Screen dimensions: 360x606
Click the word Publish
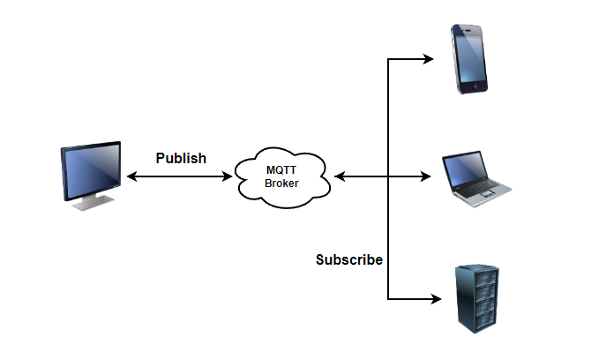(181, 159)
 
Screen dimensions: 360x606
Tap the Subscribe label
(349, 260)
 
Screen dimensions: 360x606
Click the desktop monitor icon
(90, 174)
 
